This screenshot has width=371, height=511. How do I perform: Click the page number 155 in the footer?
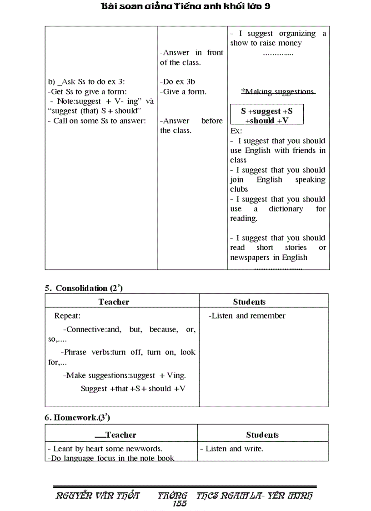coord(180,503)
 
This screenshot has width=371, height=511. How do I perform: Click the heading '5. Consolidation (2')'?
coord(84,288)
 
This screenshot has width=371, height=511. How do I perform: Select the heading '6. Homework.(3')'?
coord(77,417)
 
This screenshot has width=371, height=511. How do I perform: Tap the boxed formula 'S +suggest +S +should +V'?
coord(267,116)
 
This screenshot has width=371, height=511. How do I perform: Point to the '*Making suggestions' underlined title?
coord(278,91)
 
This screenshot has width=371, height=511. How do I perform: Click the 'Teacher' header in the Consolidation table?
coord(114,302)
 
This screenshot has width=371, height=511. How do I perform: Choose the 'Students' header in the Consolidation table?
coord(249,302)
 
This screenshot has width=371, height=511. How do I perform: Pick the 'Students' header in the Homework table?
coord(262,435)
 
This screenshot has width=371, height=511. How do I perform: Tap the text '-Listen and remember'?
coord(247,316)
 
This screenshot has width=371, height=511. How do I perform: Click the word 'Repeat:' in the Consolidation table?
coord(67,316)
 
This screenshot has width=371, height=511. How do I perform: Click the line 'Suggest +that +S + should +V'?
coord(133,389)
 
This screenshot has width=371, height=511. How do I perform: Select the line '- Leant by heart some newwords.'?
coord(105,449)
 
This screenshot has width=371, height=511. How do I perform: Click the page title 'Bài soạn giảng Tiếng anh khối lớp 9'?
coord(186,6)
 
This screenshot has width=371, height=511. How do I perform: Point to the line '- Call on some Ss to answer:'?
coord(97,121)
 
